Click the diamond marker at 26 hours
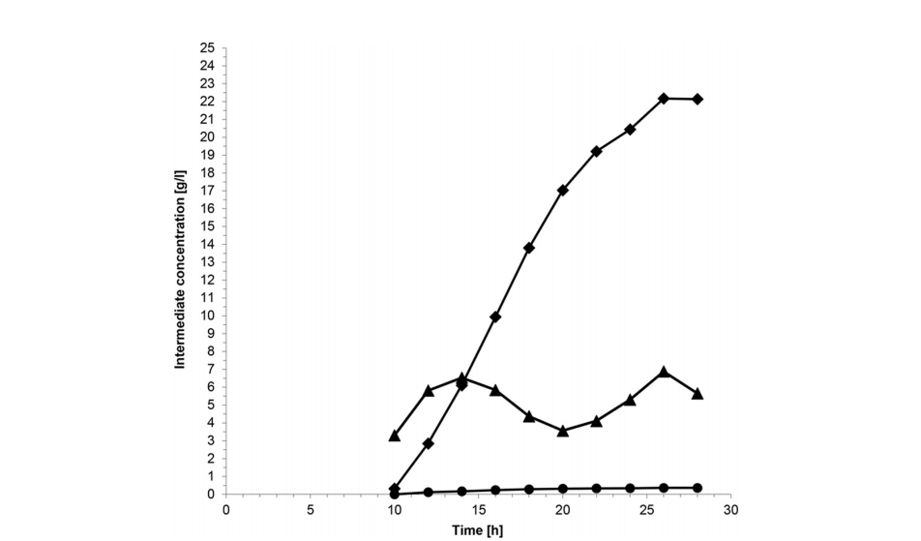664,98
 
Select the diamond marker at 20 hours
563,190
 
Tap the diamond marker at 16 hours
495,316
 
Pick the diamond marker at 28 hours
698,99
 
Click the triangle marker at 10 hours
395,436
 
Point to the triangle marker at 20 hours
563,431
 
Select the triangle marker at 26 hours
664,372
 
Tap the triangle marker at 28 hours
698,394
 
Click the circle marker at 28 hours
698,488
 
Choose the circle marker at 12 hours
428,492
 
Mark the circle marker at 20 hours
563,489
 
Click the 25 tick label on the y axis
206,47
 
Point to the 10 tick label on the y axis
206,316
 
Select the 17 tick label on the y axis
206,191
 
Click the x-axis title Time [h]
477,530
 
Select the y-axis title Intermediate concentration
180,270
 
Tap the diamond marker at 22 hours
597,151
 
